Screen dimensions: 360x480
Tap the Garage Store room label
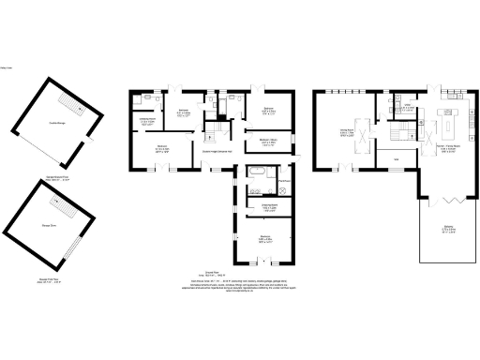pyautogui.click(x=49, y=226)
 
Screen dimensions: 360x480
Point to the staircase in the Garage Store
pyautogui.click(x=55, y=200)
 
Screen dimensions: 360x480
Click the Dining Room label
pyautogui.click(x=346, y=133)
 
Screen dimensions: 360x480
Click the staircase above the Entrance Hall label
pyautogui.click(x=216, y=131)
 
